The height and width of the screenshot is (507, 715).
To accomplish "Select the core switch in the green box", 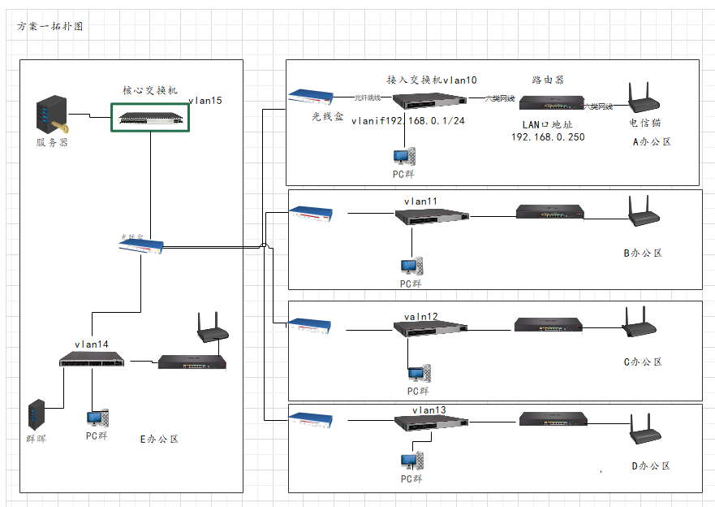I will click(151, 117).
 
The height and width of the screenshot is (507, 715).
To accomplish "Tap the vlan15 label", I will click(205, 101).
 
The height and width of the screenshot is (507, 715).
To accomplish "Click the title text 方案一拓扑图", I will click(50, 26).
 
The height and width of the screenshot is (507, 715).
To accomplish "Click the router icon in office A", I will click(550, 102).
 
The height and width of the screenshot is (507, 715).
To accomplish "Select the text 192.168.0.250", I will click(548, 137).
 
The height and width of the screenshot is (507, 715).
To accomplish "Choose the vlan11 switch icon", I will click(432, 216).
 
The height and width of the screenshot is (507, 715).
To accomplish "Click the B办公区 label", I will click(643, 253).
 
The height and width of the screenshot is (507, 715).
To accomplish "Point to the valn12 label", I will click(420, 317).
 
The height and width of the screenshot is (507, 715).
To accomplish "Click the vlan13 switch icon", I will click(432, 422).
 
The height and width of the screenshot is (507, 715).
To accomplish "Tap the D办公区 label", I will click(651, 466).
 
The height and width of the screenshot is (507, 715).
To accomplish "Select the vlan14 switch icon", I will click(93, 359).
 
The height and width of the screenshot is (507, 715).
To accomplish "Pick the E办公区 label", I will click(159, 439).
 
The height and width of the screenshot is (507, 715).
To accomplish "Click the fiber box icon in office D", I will click(312, 420).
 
